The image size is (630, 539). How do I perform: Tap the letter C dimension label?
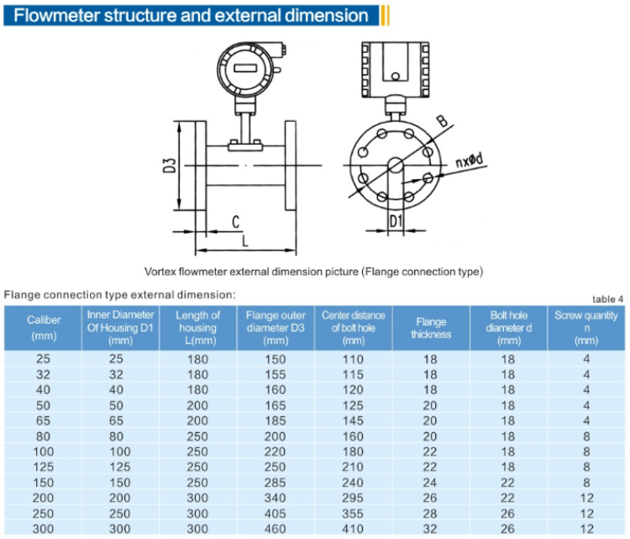pos(236,222)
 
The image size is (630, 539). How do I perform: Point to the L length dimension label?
pos(244,241)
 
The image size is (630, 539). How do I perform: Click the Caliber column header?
pos(44,327)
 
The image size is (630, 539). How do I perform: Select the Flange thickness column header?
pos(431,328)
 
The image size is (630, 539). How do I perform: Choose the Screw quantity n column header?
pos(586,328)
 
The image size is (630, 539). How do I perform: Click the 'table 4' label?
pos(607,299)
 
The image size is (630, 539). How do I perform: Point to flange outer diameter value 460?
pos(276,529)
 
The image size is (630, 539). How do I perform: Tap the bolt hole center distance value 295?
pos(354,498)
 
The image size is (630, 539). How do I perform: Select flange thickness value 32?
pos(430,529)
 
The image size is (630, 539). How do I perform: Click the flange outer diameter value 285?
pos(276,483)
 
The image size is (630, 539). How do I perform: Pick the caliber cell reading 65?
pos(44,420)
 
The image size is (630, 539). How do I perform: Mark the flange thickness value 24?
pos(430,483)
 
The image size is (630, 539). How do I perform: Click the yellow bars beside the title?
pos(385,15)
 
